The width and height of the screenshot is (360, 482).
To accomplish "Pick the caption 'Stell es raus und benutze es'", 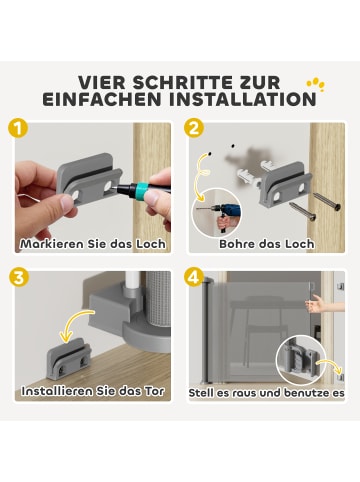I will pyautogui.click(x=266, y=391).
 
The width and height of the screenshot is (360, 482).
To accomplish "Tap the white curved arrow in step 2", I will pyautogui.click(x=209, y=170).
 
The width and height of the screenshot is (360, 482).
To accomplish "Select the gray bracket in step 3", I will pyautogui.click(x=69, y=360).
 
